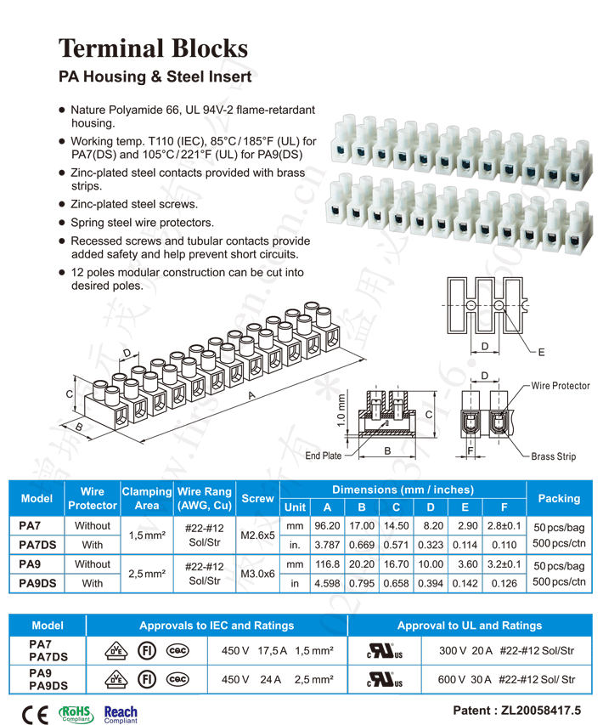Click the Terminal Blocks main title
(x=153, y=48)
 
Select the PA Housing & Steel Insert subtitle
(x=155, y=76)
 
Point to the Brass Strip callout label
(x=553, y=456)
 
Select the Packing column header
(x=559, y=498)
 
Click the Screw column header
(x=258, y=498)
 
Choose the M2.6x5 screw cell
(x=258, y=535)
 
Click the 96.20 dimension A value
(x=327, y=526)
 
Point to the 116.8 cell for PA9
(x=327, y=564)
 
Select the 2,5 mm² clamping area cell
(x=146, y=574)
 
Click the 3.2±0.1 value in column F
(x=504, y=564)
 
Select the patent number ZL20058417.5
(x=518, y=709)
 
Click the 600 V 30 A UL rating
(x=506, y=679)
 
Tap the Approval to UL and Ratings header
(x=469, y=626)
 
